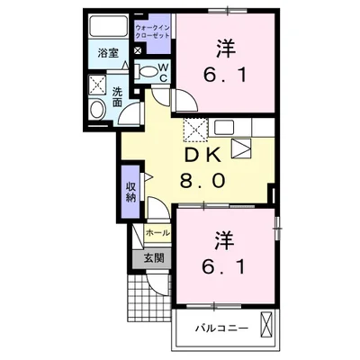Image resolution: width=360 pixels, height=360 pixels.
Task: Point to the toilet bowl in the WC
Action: [x=142, y=73]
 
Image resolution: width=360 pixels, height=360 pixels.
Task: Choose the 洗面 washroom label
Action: [x=118, y=96]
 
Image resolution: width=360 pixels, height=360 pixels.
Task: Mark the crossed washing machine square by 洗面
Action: [x=98, y=86]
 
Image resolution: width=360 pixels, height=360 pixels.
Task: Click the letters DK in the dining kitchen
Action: [x=202, y=155]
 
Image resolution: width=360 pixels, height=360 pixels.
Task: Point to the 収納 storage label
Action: [x=131, y=190]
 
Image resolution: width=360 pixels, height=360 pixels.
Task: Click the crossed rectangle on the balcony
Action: [x=266, y=324]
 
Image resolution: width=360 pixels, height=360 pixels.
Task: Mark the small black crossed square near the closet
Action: [x=136, y=51]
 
